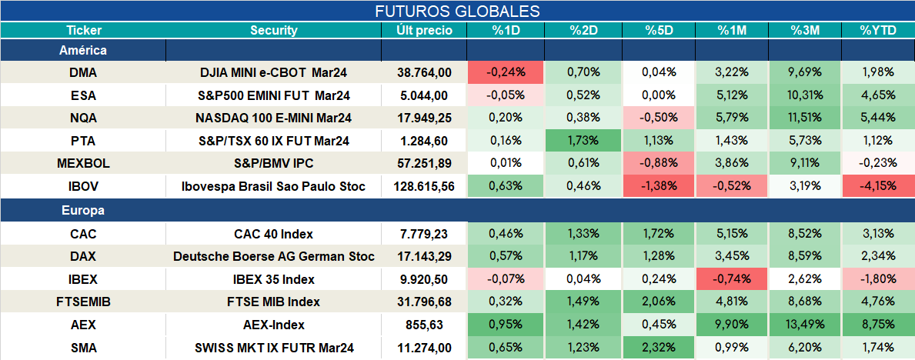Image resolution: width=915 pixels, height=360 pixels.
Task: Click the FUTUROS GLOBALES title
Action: coord(457,11)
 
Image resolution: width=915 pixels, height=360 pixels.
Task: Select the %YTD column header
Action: coord(877,31)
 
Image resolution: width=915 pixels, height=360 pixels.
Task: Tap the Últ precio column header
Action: coord(424,31)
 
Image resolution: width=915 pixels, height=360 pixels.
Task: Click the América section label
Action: coord(83,51)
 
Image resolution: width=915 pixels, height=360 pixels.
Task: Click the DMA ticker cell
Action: coord(83,72)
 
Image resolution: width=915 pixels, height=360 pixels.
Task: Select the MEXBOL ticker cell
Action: coord(83,164)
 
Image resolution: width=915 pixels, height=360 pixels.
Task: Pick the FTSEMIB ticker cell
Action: coord(83,302)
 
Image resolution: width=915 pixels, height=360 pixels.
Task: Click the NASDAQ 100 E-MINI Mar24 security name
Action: coord(274,118)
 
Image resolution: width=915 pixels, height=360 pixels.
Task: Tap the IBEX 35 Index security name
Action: coord(274,279)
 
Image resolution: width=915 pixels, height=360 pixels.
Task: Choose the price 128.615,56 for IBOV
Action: coord(424,187)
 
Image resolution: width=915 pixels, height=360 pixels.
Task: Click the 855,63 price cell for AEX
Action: coord(424,325)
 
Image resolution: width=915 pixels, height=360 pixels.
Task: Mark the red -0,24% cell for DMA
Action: coord(506,72)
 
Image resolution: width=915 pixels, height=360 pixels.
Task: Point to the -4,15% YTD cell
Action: coord(877,187)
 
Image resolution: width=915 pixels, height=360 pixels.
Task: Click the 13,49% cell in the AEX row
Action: coord(805,325)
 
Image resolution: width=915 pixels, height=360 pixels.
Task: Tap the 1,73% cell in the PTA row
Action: coord(583,141)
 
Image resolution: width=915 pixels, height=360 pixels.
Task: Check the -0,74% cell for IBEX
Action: coord(732,279)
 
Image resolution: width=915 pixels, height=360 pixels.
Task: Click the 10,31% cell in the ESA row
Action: coord(805,95)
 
